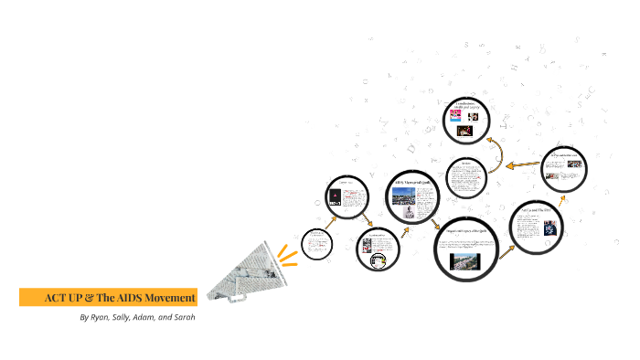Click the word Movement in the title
(167, 297)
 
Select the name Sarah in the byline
(181, 318)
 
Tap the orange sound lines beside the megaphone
(289, 250)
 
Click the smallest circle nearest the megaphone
(317, 242)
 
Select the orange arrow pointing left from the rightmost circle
(523, 165)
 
